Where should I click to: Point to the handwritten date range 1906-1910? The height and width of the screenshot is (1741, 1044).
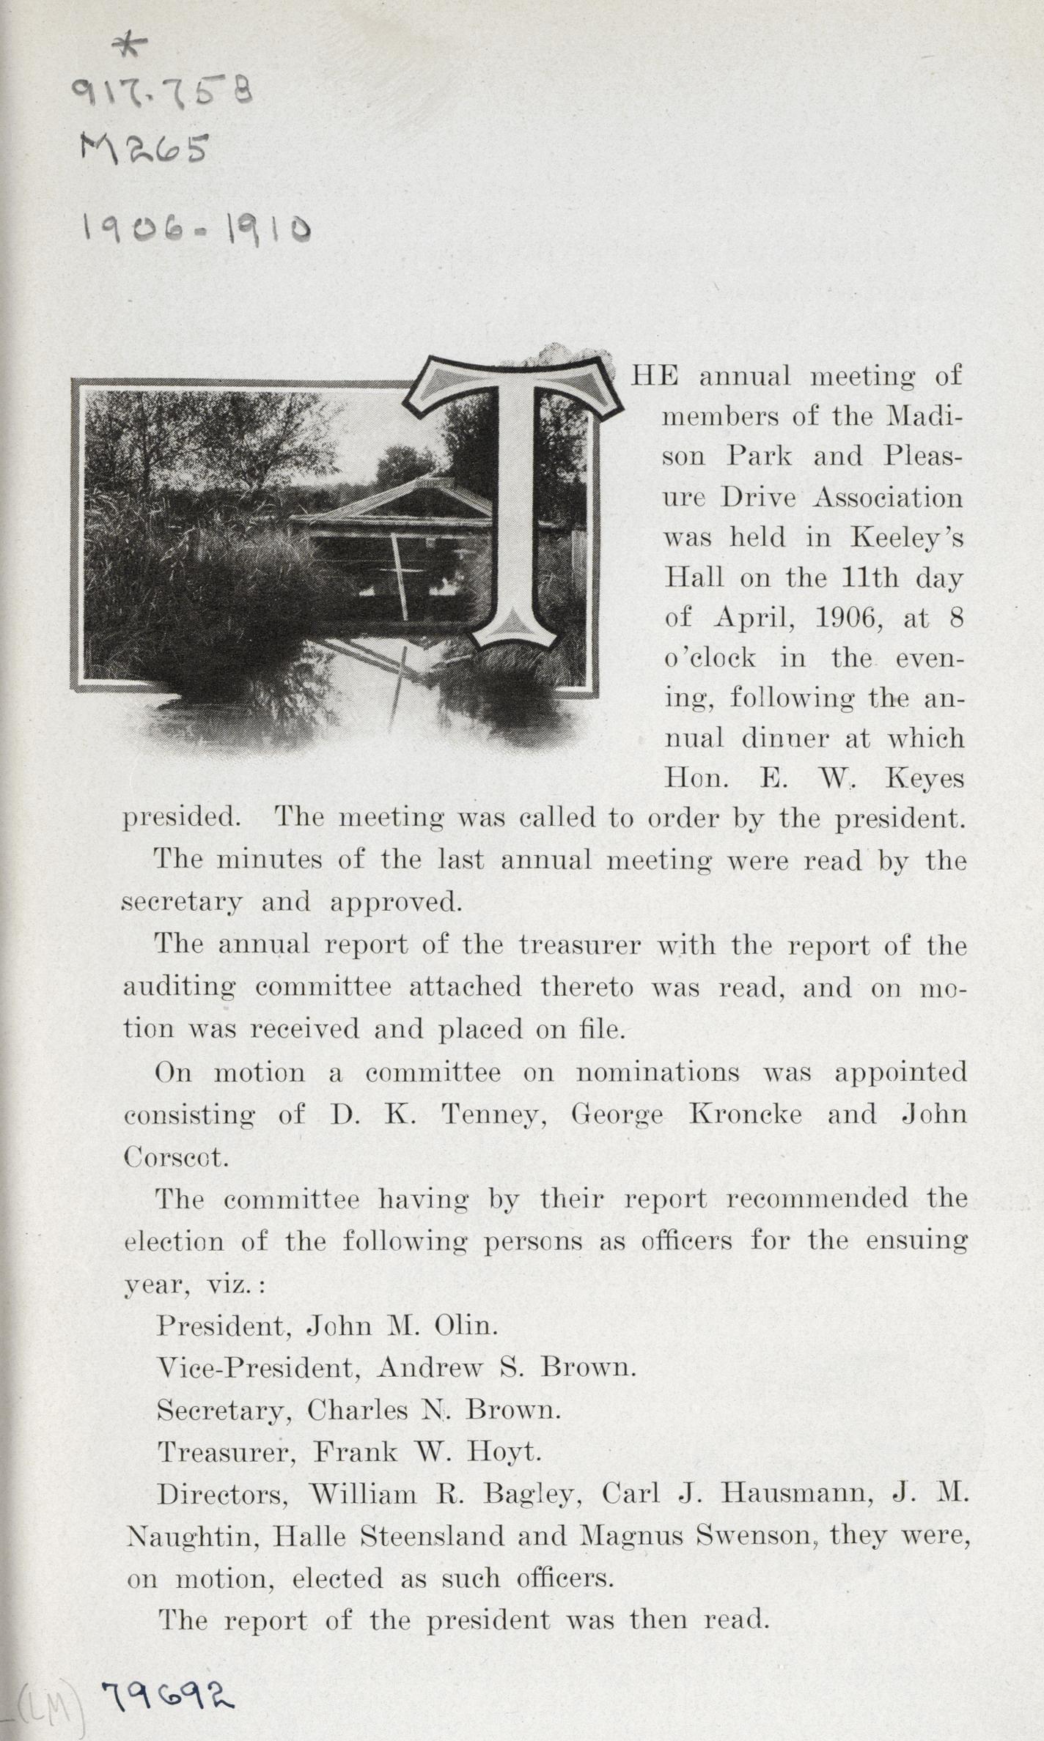(196, 230)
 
